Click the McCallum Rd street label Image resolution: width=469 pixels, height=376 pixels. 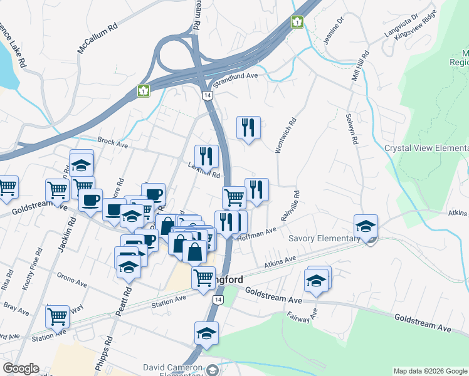point(97,38)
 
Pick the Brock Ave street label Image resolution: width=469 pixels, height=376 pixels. point(113,143)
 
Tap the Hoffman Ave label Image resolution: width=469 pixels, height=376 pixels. point(257,232)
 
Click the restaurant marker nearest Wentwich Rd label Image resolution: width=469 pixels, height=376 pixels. point(248,128)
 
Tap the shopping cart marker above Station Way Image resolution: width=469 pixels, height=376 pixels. point(57,316)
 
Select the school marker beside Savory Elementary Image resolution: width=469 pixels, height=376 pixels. point(366,226)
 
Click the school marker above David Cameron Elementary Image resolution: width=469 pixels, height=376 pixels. point(206,333)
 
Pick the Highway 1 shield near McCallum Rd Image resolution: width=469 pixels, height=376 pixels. point(144,91)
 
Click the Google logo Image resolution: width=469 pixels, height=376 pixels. point(21,368)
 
